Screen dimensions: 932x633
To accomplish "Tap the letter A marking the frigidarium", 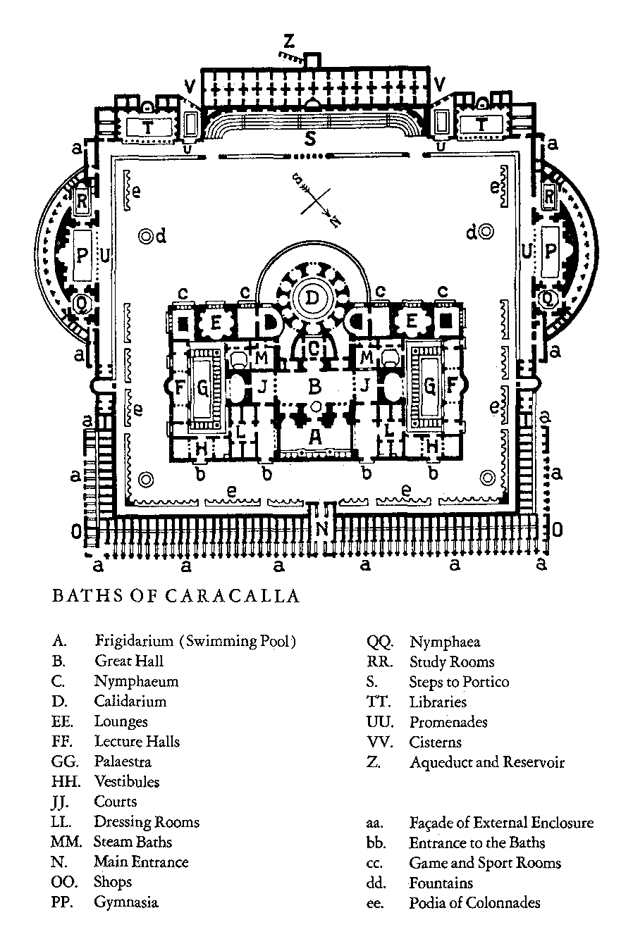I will tap(315, 437).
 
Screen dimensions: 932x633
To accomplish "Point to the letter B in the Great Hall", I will tap(315, 386).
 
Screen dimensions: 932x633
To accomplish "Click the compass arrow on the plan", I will tap(315, 201).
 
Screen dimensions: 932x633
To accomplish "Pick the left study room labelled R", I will tap(82, 200).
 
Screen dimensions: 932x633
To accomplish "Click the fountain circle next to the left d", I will tap(145, 236).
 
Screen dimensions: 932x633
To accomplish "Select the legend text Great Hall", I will tap(129, 661).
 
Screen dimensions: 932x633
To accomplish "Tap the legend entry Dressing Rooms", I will tap(147, 821).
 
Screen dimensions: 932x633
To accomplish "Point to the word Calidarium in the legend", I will tap(130, 701).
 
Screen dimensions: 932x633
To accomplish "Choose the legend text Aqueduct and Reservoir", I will tap(487, 762).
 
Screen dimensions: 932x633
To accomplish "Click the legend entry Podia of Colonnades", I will tap(474, 902).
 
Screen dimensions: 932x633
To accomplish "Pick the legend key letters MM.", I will tap(62, 842).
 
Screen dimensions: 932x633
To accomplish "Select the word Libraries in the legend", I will tap(438, 702).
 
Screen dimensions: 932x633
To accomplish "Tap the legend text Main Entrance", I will tap(141, 862).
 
